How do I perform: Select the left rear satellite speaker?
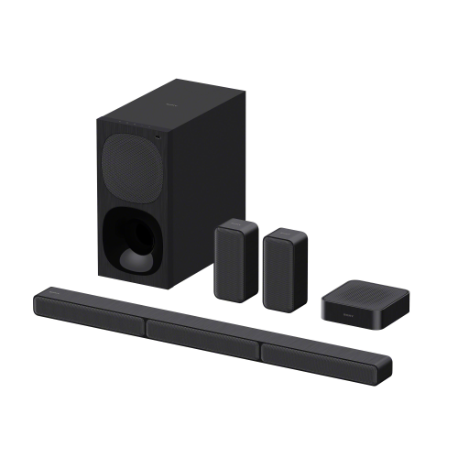pyautogui.click(x=236, y=260)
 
